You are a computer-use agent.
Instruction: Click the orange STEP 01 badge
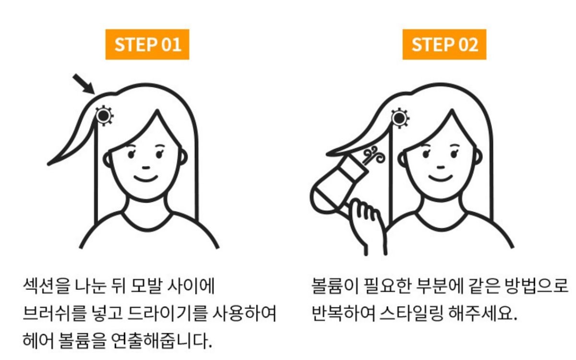click(x=147, y=45)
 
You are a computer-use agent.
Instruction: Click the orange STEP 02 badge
click(x=444, y=45)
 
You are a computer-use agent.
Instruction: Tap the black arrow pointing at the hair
click(x=84, y=84)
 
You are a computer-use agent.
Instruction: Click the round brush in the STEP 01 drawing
click(x=104, y=116)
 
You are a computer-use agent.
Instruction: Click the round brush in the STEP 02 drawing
click(x=399, y=118)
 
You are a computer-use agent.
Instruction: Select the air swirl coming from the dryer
click(x=374, y=155)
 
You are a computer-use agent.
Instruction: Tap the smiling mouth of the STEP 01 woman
click(x=146, y=178)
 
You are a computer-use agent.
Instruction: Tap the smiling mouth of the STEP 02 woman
click(x=441, y=178)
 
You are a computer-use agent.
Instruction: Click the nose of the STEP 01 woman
click(x=146, y=168)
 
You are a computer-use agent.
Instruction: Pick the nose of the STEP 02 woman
click(x=441, y=167)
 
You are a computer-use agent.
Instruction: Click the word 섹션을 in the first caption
click(x=46, y=286)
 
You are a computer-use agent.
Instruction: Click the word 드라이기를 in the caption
click(x=168, y=313)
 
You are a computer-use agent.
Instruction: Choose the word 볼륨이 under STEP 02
click(x=335, y=286)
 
